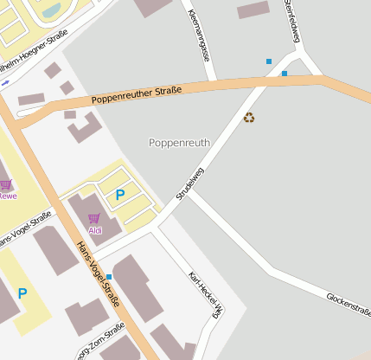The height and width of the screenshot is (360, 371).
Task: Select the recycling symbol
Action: (x=249, y=117)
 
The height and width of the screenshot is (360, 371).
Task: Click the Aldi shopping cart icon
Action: (x=94, y=218)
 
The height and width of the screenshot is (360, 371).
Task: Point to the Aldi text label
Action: (x=95, y=230)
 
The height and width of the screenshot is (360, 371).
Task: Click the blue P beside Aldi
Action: (x=120, y=196)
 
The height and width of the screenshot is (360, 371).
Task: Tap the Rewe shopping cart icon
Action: (x=6, y=184)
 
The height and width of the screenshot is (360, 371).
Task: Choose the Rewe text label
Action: (x=7, y=196)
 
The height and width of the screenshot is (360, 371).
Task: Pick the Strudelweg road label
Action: (x=189, y=184)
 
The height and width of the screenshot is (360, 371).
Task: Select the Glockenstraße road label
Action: (x=349, y=305)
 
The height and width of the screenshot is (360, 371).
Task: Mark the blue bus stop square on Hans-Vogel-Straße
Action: (x=109, y=277)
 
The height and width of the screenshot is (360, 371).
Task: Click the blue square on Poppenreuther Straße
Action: (x=285, y=74)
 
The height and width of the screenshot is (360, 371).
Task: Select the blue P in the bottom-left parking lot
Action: (x=22, y=294)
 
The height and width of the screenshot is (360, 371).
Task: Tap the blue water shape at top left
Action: (x=51, y=10)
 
